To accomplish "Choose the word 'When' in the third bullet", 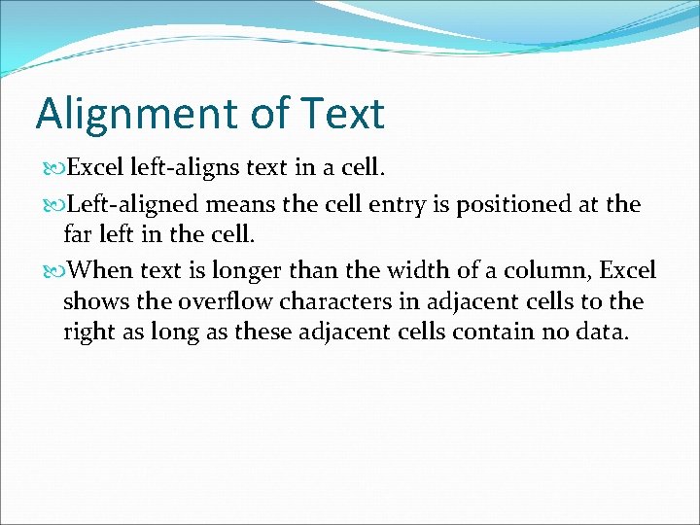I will point(98,269).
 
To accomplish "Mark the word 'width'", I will point(389,269).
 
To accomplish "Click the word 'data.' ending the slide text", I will point(603,332).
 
